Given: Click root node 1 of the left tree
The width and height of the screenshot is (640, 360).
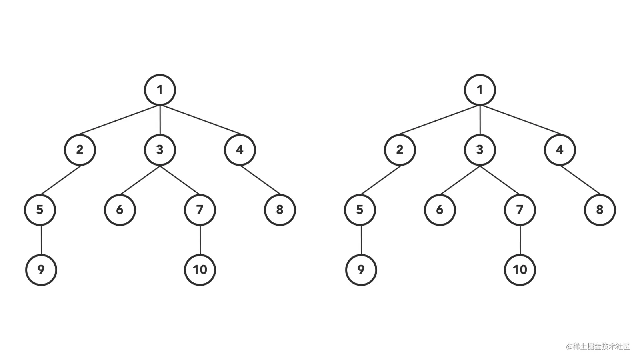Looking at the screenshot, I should pos(160,90).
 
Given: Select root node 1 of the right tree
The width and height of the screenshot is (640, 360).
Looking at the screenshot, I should pos(480,90).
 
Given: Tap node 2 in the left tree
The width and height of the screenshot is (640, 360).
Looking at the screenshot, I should pos(80,150).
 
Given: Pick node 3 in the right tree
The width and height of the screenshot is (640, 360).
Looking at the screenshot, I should pos(480,150).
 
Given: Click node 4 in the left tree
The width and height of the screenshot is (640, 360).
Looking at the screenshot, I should pos(240,150).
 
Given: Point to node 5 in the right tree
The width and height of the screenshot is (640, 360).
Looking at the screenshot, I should pos(360,210).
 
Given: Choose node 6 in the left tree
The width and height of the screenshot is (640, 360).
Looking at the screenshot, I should pos(120,210).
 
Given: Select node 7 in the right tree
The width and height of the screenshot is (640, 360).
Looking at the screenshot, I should pos(520,210).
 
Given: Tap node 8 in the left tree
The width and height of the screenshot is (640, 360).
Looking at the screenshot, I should pos(280,210).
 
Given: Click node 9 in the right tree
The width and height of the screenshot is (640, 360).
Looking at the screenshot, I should pos(361,270).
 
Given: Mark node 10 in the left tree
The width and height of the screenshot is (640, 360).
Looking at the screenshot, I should pos(200,270).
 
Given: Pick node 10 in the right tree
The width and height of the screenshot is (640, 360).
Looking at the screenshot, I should pos(520,270).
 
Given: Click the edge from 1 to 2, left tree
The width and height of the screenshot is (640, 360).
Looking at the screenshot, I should pos(120,120).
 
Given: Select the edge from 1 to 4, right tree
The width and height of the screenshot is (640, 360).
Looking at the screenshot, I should pos(520,120).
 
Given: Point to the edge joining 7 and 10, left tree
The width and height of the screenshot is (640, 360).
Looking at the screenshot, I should pos(200,240).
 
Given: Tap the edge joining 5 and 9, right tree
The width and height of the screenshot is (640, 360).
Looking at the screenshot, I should pos(361,240).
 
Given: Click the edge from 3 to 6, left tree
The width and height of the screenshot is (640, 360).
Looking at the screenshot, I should pos(140,180).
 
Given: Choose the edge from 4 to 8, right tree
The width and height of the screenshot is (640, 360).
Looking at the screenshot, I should pos(580,180).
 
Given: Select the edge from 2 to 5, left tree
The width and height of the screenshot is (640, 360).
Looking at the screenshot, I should pos(60,180).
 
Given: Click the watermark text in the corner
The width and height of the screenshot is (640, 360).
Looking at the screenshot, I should pos(598,346).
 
